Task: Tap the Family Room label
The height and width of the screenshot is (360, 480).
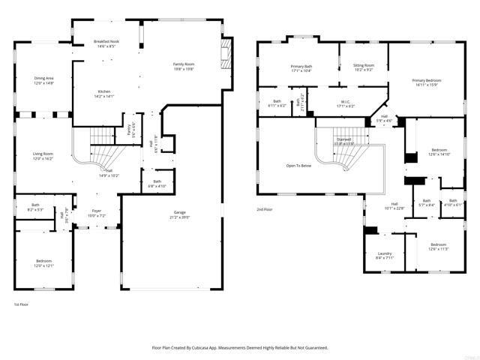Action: coord(184,66)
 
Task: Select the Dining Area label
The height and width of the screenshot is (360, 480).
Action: coord(44,80)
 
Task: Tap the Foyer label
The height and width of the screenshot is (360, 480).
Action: coord(97,213)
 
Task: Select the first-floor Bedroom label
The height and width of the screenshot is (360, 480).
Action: coord(43,262)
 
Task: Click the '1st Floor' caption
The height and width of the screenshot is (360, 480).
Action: coord(22,304)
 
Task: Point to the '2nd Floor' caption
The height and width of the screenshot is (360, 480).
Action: coord(265,209)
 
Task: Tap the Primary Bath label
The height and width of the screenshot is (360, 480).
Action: coord(301,68)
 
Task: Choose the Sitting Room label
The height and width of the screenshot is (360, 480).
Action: coord(364,67)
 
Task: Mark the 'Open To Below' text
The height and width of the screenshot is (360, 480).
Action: coord(298,165)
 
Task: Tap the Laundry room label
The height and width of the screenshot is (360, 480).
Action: coord(385,256)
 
